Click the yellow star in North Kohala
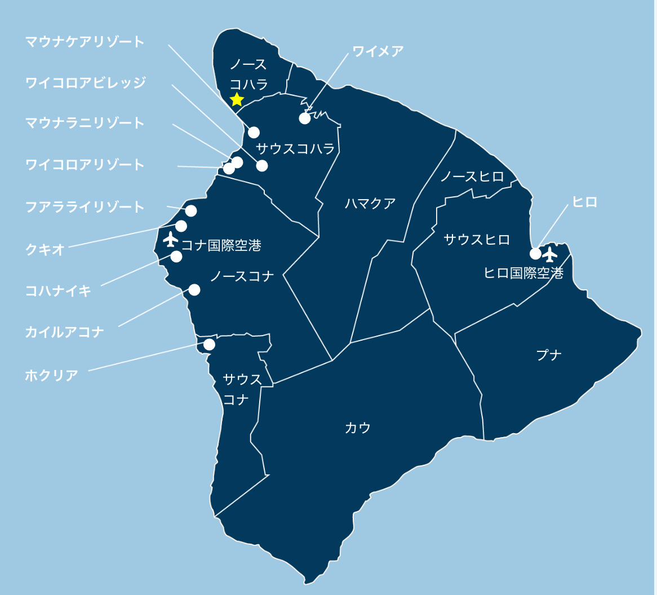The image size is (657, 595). point(237,100)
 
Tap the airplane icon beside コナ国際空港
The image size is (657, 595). point(171,239)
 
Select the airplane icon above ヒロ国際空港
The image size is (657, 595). point(550,254)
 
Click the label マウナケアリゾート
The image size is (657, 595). point(85,42)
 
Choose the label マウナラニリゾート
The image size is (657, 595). point(85,123)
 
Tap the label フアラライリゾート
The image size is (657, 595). point(85,207)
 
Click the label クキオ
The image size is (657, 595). point(45,250)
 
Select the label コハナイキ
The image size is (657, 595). point(58,291)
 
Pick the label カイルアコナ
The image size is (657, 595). point(65,332)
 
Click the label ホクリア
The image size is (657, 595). point(51,375)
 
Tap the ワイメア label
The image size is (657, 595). point(378,51)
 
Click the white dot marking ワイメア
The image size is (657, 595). point(305,118)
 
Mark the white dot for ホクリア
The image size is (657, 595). point(209,344)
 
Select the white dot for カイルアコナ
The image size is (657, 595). point(194,290)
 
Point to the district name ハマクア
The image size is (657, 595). point(370,204)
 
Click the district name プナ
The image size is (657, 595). point(549,355)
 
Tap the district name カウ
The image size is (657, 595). point(358,428)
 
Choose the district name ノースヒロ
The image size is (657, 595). point(472,177)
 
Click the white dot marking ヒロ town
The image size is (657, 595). point(535,253)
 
